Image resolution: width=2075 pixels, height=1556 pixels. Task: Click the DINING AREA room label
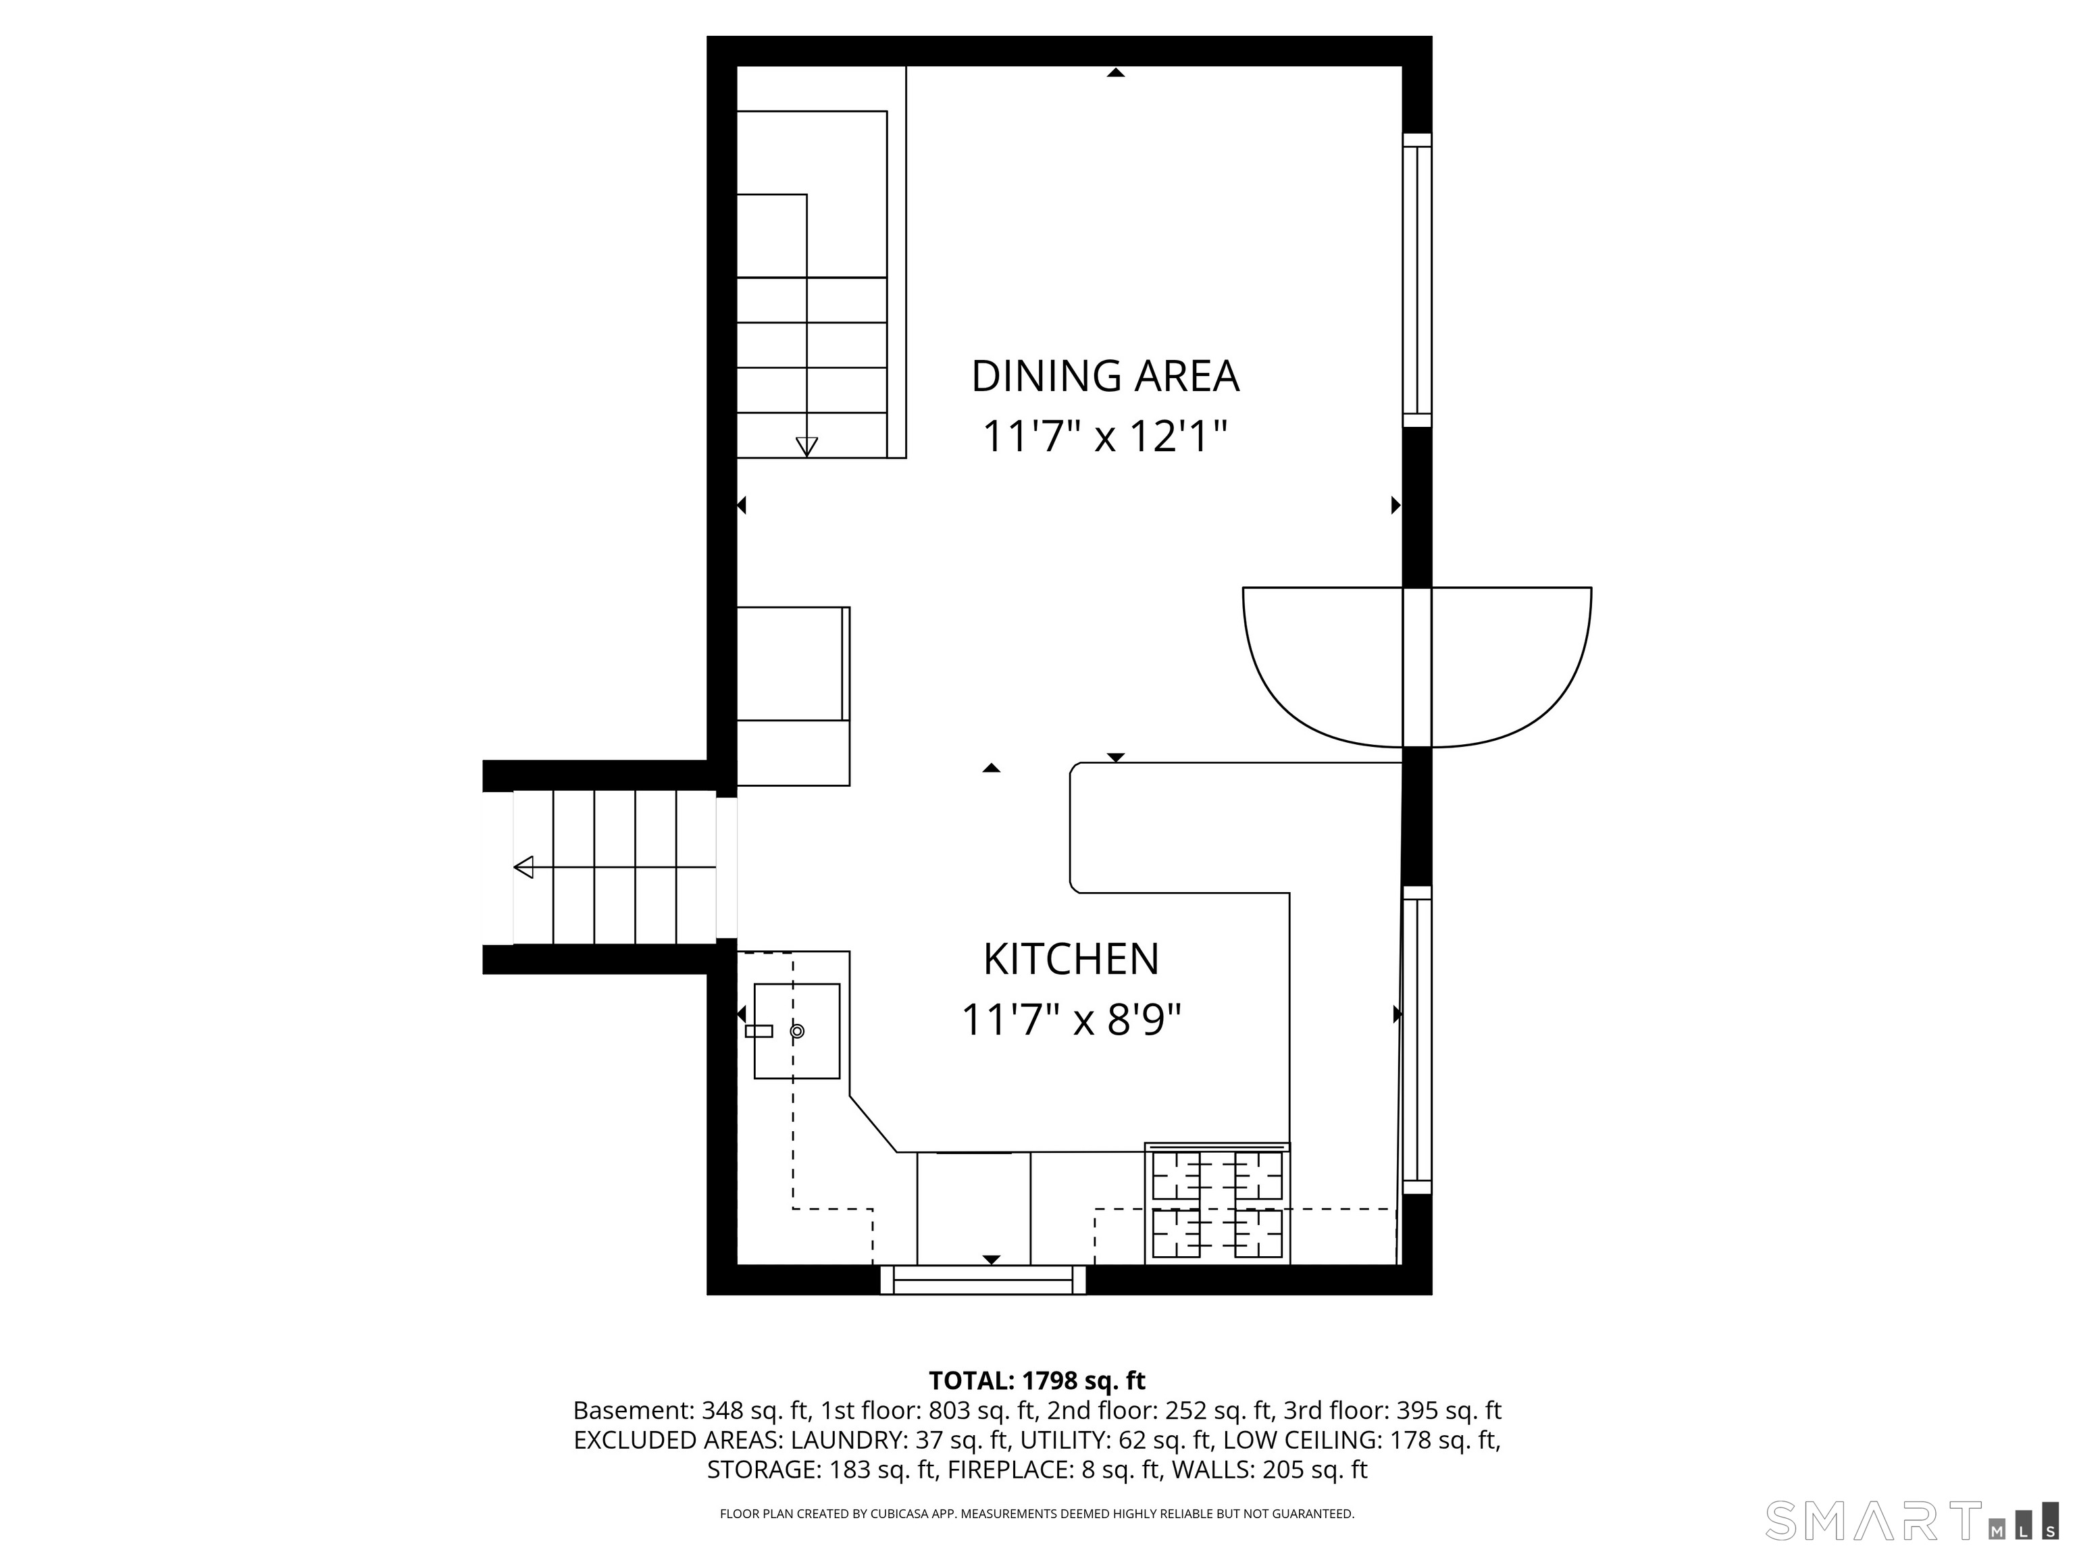(1104, 376)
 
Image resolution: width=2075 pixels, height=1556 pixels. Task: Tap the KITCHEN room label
(1071, 958)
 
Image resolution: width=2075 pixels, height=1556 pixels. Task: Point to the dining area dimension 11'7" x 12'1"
(1104, 436)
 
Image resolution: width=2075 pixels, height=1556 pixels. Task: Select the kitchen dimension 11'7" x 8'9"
(1071, 1020)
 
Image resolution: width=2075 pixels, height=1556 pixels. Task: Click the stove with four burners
(1216, 1203)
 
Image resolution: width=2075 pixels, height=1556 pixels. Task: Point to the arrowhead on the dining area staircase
(806, 447)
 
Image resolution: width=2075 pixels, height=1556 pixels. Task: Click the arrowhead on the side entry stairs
(523, 868)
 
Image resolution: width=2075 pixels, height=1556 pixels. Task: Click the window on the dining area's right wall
(1417, 280)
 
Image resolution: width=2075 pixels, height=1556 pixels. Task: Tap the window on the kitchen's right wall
(1417, 1040)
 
